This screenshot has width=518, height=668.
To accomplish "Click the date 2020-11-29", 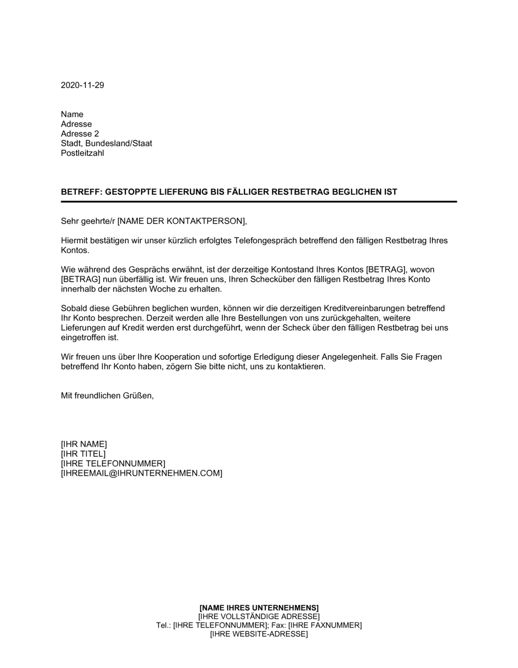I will click(82, 85).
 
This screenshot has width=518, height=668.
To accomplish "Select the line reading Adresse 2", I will click(80, 134).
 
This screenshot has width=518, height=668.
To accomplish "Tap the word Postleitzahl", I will click(82, 153).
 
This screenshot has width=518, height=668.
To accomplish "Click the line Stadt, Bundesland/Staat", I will click(106, 143).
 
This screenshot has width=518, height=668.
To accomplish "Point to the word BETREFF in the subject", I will click(81, 192).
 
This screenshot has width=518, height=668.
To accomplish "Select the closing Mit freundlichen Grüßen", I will click(107, 396).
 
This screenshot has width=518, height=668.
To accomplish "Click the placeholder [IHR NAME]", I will click(84, 444).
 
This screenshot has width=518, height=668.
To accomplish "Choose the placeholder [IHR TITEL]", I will click(83, 454).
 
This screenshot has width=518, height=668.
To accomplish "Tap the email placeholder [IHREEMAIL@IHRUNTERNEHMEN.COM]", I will click(141, 473).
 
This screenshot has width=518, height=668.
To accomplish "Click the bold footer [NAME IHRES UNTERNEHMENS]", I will click(259, 607).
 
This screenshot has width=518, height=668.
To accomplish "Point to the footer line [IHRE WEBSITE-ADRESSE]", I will click(259, 634).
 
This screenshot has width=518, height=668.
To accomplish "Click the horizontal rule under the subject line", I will click(259, 201).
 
